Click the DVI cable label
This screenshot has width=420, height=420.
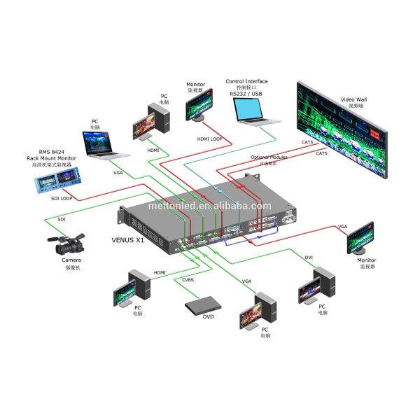point(308,258)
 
